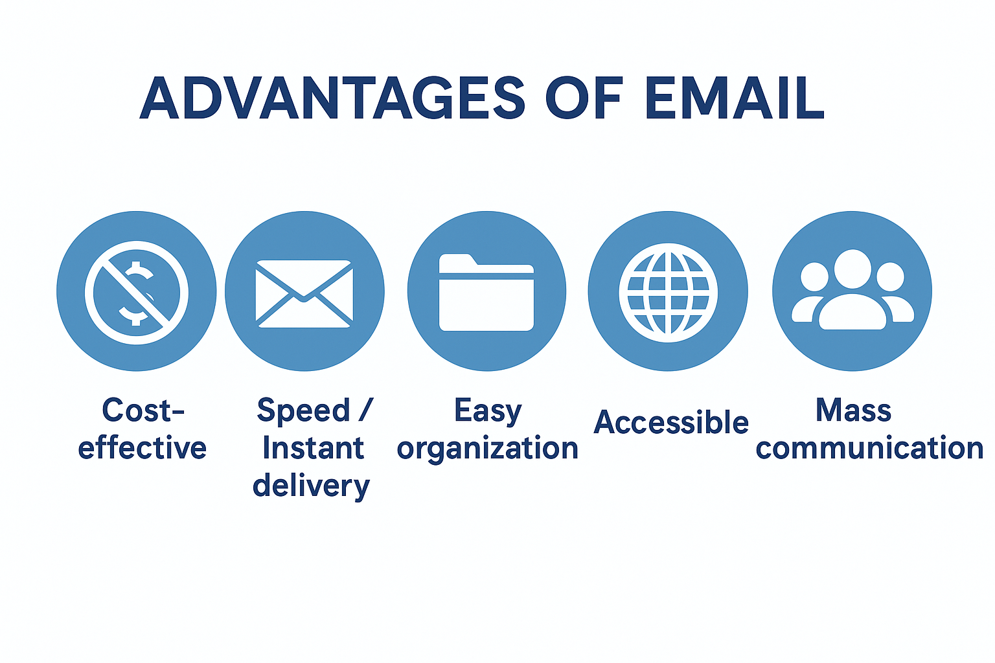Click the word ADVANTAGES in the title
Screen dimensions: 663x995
point(332,98)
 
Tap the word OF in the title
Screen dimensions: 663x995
point(584,98)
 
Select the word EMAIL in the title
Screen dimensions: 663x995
point(734,98)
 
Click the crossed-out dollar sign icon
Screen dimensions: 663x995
point(137,292)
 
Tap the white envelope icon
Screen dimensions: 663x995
point(304,293)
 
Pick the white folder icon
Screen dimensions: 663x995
point(486,292)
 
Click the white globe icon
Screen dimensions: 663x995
point(668,293)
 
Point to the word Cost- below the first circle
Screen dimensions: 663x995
point(143,410)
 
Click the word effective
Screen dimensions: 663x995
point(143,448)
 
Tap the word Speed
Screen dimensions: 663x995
point(303,411)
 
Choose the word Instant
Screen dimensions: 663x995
point(314,448)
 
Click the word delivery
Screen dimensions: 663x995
point(312,486)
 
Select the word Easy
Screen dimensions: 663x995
point(488,411)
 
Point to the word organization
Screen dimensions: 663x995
point(488,448)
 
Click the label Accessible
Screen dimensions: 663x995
point(671,422)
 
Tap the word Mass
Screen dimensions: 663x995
point(853,410)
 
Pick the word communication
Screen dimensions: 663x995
point(869,448)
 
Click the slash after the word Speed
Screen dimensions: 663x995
point(366,410)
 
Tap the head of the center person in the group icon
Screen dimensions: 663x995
point(852,269)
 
